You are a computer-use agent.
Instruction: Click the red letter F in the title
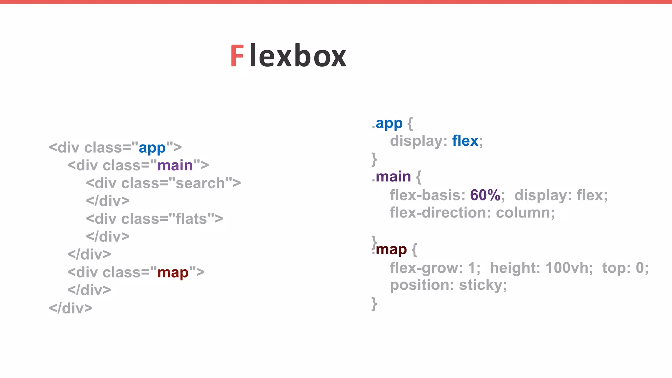coord(237,56)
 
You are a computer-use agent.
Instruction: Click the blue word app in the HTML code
coord(152,148)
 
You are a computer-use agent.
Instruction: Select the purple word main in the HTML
coord(175,165)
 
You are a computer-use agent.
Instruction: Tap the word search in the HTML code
coord(200,183)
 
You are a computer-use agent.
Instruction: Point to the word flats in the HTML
coord(191,219)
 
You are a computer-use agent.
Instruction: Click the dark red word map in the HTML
coord(173,273)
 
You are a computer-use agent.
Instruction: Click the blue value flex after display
coord(465,141)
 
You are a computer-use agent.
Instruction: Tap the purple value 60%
coord(485,195)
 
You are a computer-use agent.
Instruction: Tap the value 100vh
coord(569,268)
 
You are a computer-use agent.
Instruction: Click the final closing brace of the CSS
coord(374,304)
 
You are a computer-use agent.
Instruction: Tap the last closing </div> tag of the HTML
coord(71,308)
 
